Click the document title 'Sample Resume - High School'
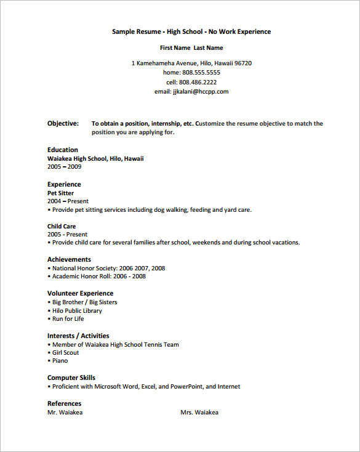(x=191, y=31)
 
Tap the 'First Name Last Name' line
(x=191, y=47)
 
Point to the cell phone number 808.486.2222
(x=198, y=82)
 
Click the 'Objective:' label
(x=63, y=124)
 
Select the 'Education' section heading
(x=63, y=150)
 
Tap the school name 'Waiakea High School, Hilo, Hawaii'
(x=95, y=158)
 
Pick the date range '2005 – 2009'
(x=65, y=167)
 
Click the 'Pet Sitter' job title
(x=60, y=193)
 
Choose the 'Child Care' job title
(x=62, y=226)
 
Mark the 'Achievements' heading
(x=69, y=260)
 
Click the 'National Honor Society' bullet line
(x=108, y=268)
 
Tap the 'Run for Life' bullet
(x=68, y=319)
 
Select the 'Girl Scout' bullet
(x=65, y=353)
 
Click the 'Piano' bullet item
(x=60, y=361)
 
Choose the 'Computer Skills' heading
(x=71, y=377)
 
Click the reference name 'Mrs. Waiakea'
(x=199, y=413)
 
